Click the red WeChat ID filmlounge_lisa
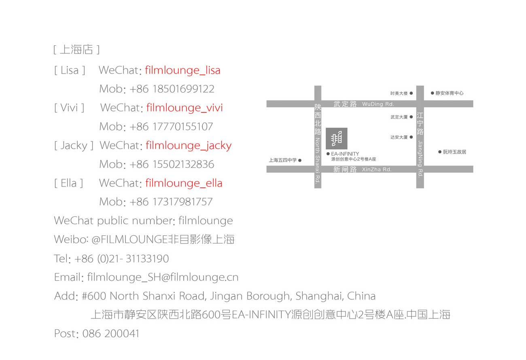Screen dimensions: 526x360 [182, 70]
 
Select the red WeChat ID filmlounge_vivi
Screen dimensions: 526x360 [185, 108]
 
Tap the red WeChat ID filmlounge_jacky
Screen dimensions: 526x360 [189, 146]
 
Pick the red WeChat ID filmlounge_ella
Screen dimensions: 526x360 [184, 183]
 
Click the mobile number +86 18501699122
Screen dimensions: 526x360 [172, 89]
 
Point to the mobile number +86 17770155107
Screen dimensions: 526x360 [171, 127]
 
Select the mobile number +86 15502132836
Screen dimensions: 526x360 [172, 164]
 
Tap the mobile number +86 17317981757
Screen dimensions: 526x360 [171, 202]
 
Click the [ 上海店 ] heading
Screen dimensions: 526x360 [76, 49]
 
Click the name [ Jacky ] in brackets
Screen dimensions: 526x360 [74, 146]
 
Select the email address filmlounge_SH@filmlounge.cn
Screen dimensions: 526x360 [163, 277]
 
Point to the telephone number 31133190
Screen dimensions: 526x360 [147, 258]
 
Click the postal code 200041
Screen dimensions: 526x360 [122, 333]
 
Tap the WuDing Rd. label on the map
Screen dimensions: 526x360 [378, 104]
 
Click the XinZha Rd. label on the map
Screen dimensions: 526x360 [377, 169]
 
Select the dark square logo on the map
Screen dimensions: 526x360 [337, 138]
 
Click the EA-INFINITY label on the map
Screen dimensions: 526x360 [345, 154]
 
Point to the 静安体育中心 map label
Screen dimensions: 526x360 [450, 93]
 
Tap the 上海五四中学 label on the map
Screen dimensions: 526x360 [283, 160]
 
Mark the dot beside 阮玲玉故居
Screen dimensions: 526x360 [440, 152]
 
